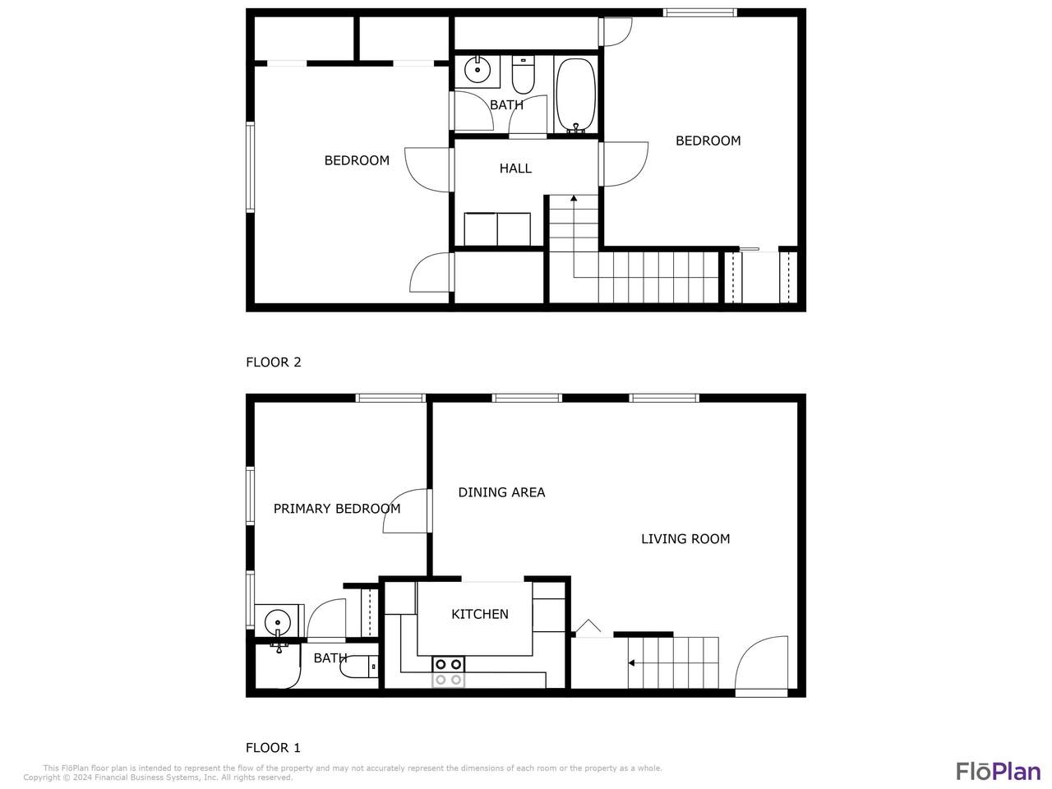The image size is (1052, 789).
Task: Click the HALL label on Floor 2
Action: pyautogui.click(x=515, y=168)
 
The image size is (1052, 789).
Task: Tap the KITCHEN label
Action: pyautogui.click(x=480, y=614)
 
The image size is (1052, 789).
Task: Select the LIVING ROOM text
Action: pyautogui.click(x=685, y=539)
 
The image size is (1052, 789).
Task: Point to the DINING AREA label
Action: pyautogui.click(x=501, y=492)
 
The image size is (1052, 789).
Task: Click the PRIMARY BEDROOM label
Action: pyautogui.click(x=337, y=509)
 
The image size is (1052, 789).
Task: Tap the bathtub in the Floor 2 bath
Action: pyautogui.click(x=575, y=95)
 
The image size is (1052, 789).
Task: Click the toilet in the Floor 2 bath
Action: pyautogui.click(x=523, y=76)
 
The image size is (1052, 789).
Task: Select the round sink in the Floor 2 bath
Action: pyautogui.click(x=478, y=70)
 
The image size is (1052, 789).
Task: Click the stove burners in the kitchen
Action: pyautogui.click(x=448, y=672)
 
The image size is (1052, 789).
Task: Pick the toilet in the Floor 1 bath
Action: pyautogui.click(x=359, y=667)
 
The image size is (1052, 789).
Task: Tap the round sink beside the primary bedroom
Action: pyautogui.click(x=278, y=622)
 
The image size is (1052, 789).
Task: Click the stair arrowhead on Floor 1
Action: pyautogui.click(x=632, y=663)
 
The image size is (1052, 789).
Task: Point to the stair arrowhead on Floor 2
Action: pyautogui.click(x=574, y=198)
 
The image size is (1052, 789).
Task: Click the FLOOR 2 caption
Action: pyautogui.click(x=273, y=362)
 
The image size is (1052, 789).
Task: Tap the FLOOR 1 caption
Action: pyautogui.click(x=273, y=748)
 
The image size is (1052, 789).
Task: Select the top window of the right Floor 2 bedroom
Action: pyautogui.click(x=699, y=12)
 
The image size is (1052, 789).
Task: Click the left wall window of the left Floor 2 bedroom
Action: pyautogui.click(x=250, y=167)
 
